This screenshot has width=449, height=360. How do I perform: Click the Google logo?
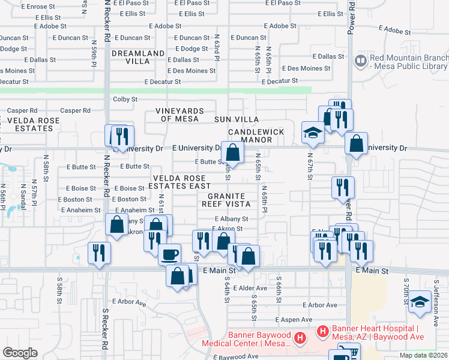[20, 353]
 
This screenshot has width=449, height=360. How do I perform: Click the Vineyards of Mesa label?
[180, 115]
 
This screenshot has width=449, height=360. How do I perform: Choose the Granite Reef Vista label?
[226, 200]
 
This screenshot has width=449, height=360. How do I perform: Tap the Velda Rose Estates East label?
[181, 182]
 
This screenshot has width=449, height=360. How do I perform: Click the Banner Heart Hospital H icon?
[322, 331]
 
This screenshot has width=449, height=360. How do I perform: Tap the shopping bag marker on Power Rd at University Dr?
[356, 143]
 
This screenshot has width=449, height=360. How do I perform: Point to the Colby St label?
[125, 99]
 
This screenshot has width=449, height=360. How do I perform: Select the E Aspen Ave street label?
[294, 320]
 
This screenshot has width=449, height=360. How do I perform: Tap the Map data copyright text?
[423, 355]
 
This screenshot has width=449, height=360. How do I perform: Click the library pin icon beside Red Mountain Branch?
[361, 61]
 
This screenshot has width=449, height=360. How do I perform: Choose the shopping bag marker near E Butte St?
[233, 152]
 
